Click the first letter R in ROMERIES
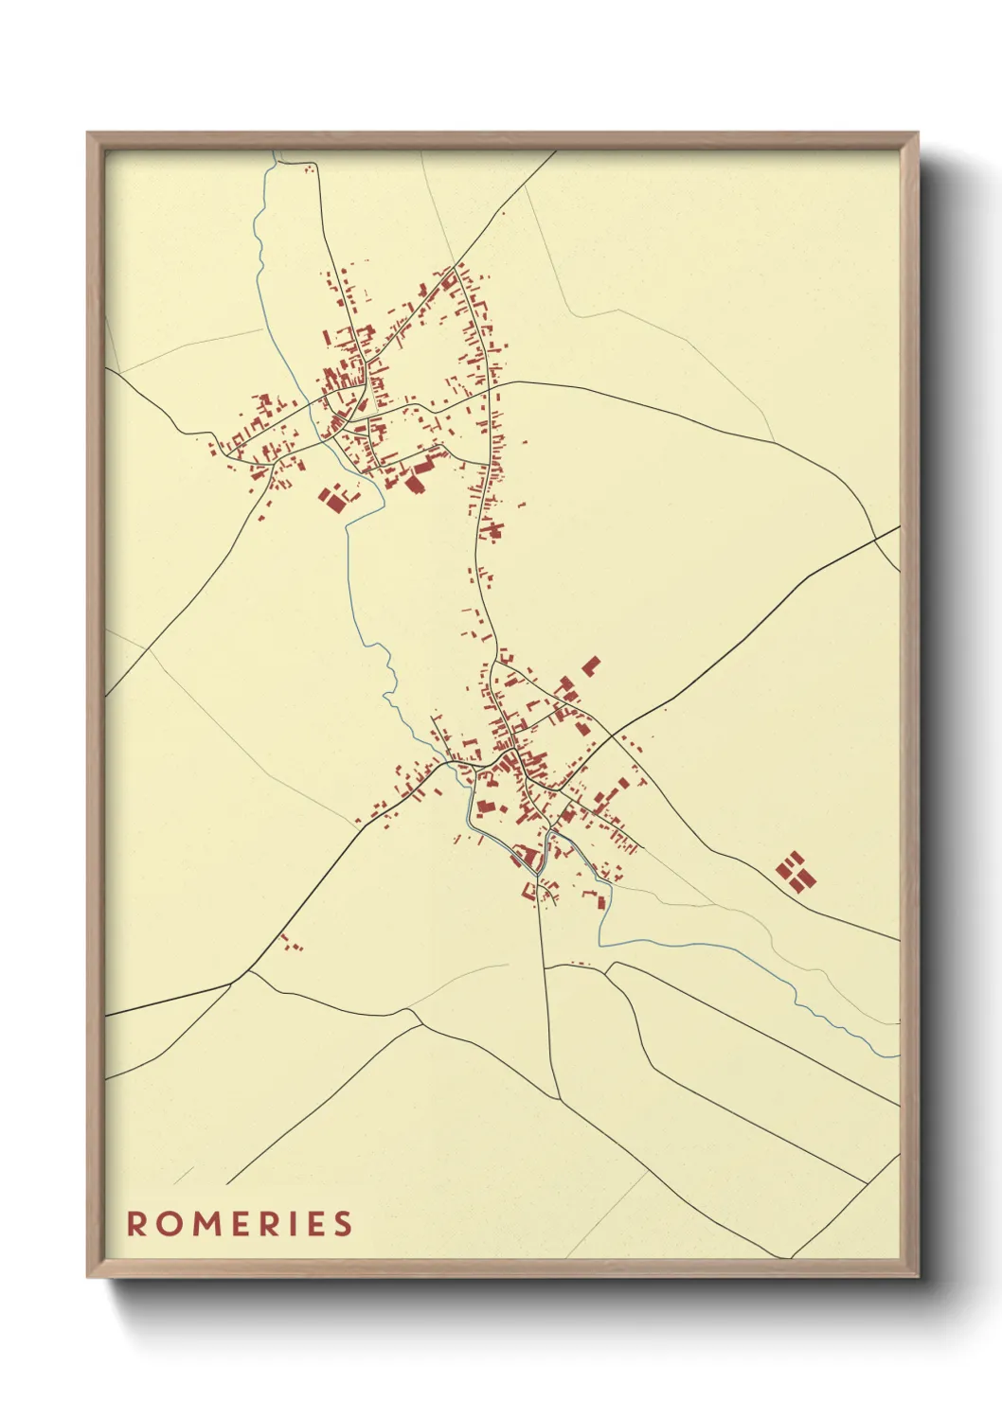click(138, 1223)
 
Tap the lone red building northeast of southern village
click(591, 665)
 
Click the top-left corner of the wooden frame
click(88, 133)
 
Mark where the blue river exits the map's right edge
click(898, 1055)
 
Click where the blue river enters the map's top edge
click(274, 151)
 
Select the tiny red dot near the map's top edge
click(308, 169)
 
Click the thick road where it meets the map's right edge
click(898, 527)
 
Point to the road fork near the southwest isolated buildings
click(250, 971)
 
